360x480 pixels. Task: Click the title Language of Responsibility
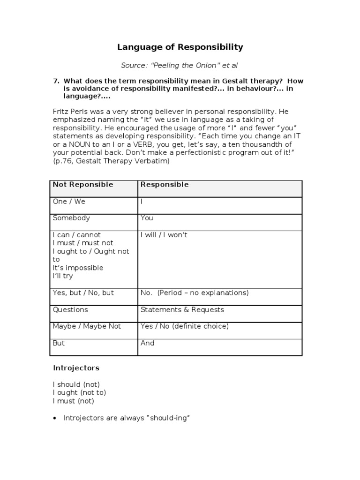[180, 47]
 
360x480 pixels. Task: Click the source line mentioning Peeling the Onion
[180, 65]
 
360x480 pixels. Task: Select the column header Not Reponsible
[83, 185]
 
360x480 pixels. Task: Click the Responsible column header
[164, 185]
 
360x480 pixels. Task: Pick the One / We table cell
[69, 202]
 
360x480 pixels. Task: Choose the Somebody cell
[71, 218]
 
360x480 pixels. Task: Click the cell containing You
[147, 218]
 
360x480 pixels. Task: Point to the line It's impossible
[78, 268]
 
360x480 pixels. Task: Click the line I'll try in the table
[63, 276]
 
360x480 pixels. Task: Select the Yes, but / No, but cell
[83, 293]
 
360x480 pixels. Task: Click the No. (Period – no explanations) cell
[194, 293]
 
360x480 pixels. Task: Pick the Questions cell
[70, 310]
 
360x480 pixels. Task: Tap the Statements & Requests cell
[182, 310]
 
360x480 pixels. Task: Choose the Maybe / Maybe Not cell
[87, 326]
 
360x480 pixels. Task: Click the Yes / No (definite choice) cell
[184, 326]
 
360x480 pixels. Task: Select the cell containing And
[147, 343]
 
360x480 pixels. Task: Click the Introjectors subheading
[76, 368]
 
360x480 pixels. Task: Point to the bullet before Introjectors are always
[55, 418]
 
